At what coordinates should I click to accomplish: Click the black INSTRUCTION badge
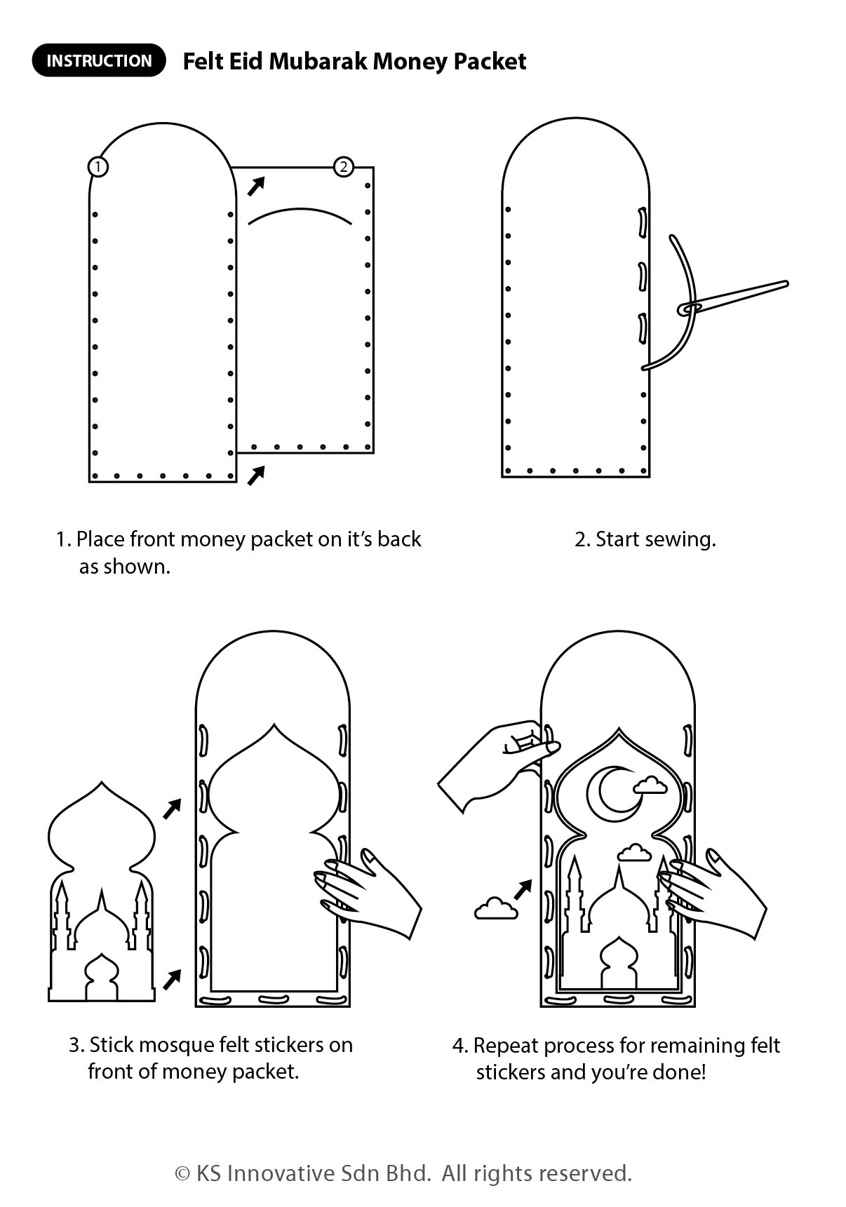(99, 60)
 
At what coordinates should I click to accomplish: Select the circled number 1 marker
(98, 167)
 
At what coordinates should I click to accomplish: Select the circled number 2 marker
(343, 167)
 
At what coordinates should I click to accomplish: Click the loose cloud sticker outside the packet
(496, 909)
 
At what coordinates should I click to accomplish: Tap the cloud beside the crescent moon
(650, 785)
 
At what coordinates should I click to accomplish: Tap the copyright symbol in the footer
(182, 1173)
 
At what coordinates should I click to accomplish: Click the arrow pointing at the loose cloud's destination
(523, 890)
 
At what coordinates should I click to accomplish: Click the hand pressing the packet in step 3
(372, 894)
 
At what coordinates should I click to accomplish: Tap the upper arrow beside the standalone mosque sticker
(172, 809)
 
